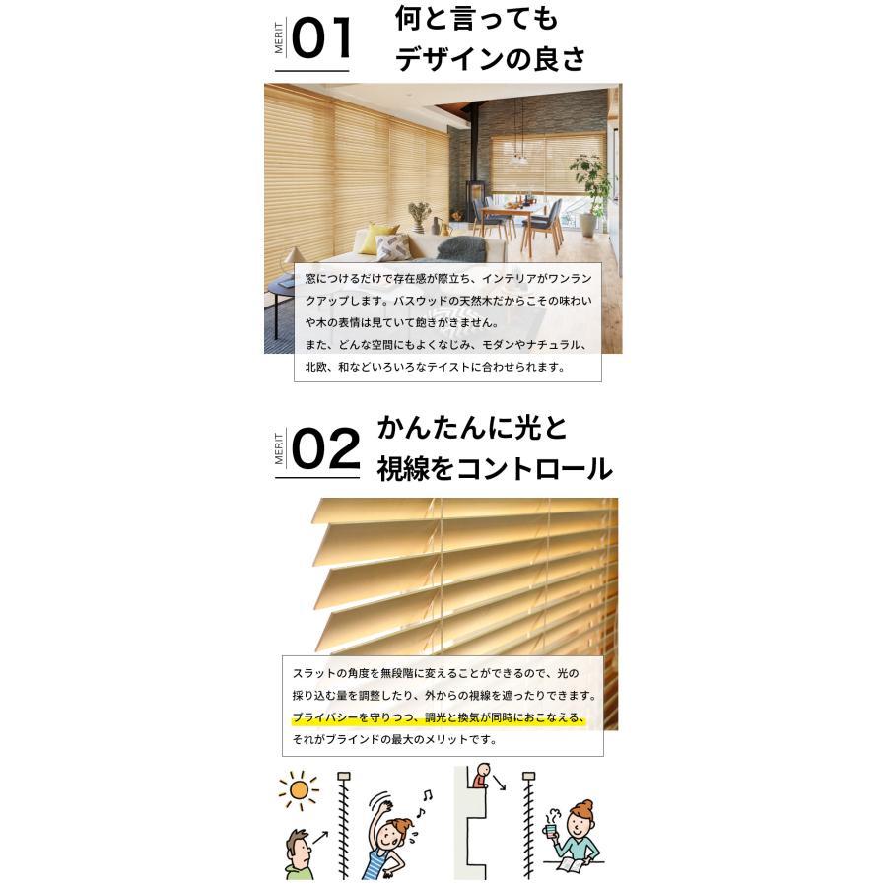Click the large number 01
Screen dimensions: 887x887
coord(321,40)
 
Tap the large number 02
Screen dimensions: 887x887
coord(326,451)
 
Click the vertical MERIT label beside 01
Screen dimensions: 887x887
coord(280,39)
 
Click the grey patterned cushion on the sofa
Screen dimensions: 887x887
coord(392,247)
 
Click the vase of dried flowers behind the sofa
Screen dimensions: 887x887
coord(420,214)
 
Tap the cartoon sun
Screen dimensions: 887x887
coord(299,790)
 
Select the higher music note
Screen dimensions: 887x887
coord(429,794)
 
